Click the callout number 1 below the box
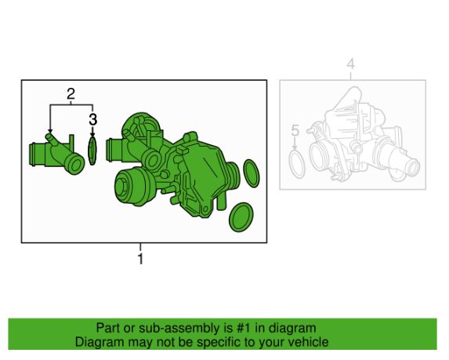(x=140, y=259)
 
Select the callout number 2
(x=71, y=94)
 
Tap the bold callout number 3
(x=92, y=119)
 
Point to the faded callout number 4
(x=351, y=64)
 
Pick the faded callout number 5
(x=295, y=131)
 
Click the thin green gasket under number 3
(x=92, y=151)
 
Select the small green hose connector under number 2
(x=56, y=154)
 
